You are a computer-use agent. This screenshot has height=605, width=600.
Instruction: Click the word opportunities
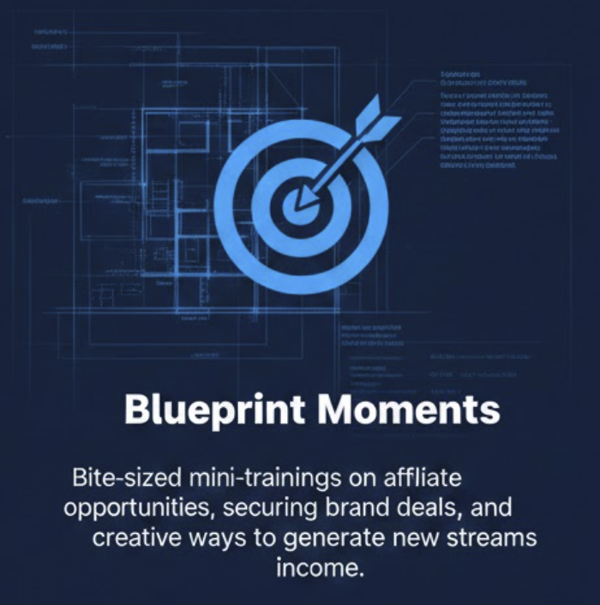(x=140, y=507)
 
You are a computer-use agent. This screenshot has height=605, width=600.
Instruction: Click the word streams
(x=490, y=538)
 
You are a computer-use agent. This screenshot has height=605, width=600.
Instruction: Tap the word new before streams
(x=416, y=538)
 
